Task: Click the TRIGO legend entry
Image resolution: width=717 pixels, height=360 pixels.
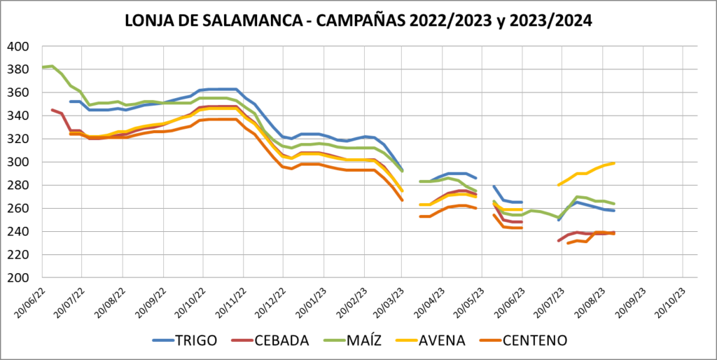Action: tap(194, 340)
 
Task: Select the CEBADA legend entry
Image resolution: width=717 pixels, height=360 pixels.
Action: tap(281, 340)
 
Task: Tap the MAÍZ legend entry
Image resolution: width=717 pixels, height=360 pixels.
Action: tap(366, 340)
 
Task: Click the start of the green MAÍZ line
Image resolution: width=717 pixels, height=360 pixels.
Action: tap(43, 67)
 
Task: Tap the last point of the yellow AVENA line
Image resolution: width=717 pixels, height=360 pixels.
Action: tap(614, 163)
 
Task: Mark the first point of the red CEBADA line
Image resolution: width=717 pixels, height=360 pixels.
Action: tap(52, 110)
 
